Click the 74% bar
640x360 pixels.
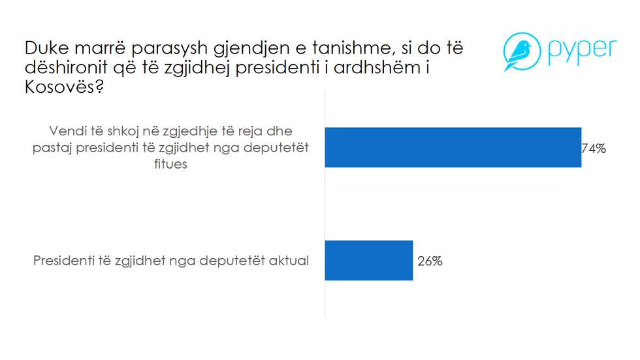coord(453,148)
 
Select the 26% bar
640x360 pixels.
coord(368,261)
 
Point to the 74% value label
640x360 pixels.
coord(594,148)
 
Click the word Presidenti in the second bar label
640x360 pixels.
coord(61,261)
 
